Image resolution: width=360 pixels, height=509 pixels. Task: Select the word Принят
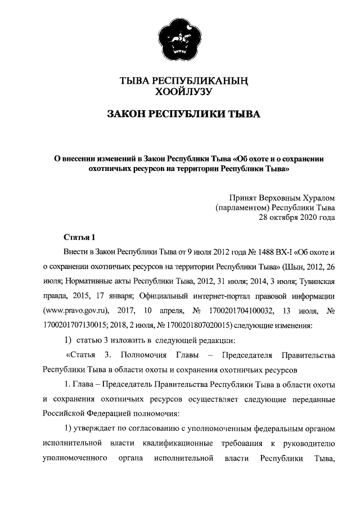pyautogui.click(x=243, y=198)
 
